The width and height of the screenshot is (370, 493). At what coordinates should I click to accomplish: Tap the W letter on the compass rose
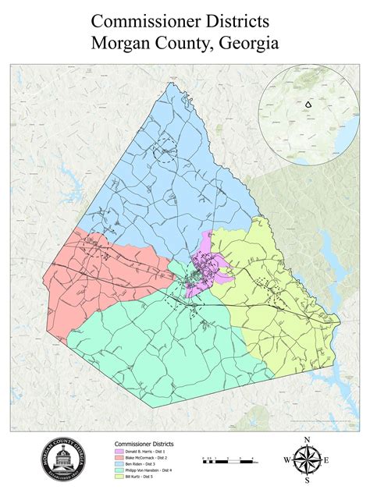286,461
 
